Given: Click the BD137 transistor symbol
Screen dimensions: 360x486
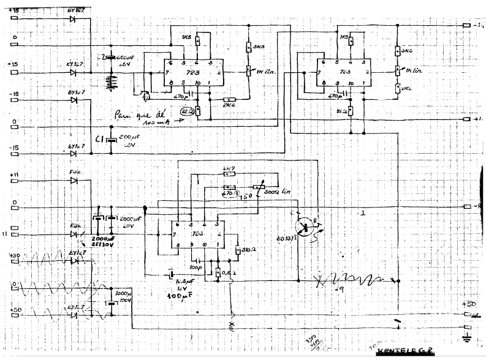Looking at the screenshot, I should (305, 225).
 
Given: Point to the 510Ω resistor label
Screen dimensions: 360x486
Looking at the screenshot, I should (248, 249).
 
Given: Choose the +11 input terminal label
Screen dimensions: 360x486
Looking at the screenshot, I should (15, 176).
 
